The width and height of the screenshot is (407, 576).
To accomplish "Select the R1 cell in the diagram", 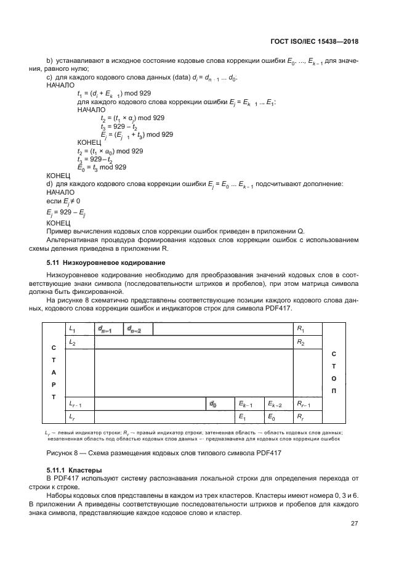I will click(307, 330).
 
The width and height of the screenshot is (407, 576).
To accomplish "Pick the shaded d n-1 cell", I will click(108, 330).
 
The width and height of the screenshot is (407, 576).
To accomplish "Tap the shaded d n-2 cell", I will click(138, 330).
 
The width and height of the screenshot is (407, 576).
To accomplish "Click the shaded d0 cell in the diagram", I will click(220, 404).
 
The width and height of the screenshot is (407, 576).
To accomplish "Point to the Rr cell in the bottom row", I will click(307, 418).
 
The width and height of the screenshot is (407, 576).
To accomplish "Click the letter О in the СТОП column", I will click(334, 379).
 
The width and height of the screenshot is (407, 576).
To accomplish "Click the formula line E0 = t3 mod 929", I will click(102, 167).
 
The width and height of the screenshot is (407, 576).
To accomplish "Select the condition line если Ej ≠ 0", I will click(63, 201).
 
